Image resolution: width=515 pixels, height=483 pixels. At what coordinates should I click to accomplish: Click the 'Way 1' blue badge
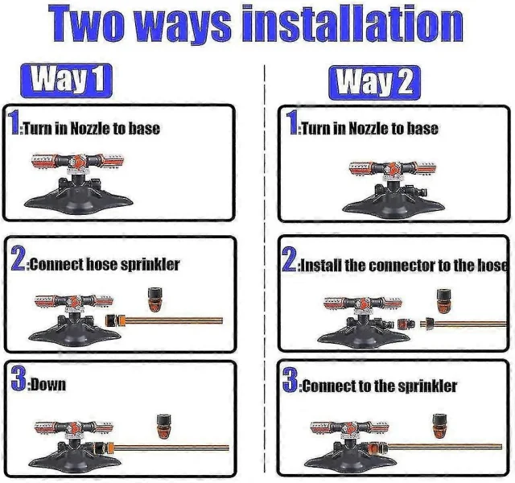(66, 80)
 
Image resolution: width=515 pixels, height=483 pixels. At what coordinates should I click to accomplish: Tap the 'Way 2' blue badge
(374, 82)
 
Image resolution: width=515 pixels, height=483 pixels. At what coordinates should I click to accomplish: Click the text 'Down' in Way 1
(48, 385)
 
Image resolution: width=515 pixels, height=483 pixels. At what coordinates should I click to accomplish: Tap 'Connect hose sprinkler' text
(105, 264)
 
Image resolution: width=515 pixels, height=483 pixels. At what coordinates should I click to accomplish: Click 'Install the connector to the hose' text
(404, 265)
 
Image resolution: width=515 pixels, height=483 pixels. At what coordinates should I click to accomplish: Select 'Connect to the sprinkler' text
(379, 386)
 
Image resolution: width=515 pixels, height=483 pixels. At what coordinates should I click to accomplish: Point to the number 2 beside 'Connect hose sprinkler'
(19, 259)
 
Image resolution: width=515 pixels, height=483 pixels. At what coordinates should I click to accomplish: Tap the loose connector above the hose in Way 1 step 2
(154, 299)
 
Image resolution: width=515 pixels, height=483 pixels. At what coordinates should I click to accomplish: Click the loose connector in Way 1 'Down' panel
(163, 427)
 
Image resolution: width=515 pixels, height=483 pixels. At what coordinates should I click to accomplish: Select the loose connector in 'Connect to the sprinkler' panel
(439, 426)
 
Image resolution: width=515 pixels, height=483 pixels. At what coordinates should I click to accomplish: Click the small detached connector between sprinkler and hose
(403, 324)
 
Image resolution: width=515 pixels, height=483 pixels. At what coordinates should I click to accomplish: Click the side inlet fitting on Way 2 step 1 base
(416, 192)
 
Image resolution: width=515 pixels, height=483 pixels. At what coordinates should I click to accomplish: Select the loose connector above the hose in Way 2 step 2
(443, 301)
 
